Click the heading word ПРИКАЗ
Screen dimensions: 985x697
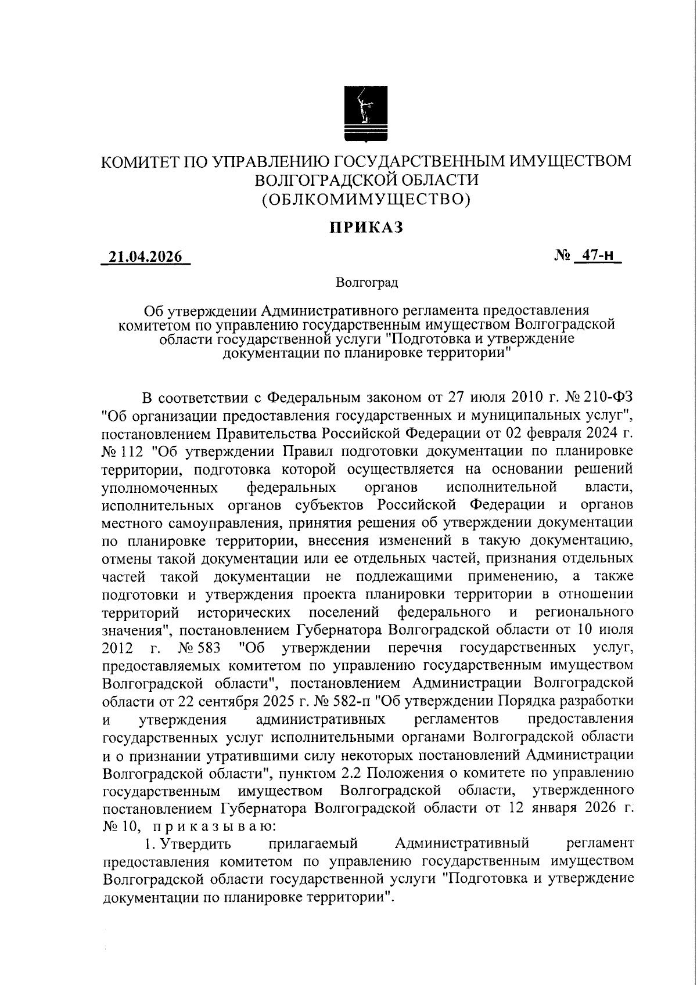click(367, 228)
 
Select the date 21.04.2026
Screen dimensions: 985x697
click(146, 257)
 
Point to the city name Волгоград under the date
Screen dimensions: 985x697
click(367, 283)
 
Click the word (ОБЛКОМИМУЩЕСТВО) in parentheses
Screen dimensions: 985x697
click(366, 200)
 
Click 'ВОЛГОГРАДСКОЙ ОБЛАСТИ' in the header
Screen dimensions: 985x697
click(367, 181)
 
